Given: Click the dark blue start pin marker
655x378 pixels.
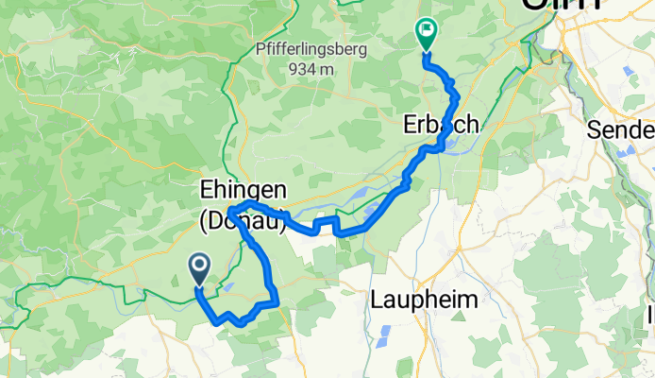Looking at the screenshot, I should click(200, 269).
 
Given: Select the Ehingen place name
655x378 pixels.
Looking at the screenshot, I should click(244, 190).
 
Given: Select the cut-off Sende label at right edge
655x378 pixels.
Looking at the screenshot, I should click(620, 129).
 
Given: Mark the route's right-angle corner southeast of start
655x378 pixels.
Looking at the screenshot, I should click(276, 303).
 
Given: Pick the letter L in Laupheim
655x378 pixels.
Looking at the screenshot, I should click(378, 301).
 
